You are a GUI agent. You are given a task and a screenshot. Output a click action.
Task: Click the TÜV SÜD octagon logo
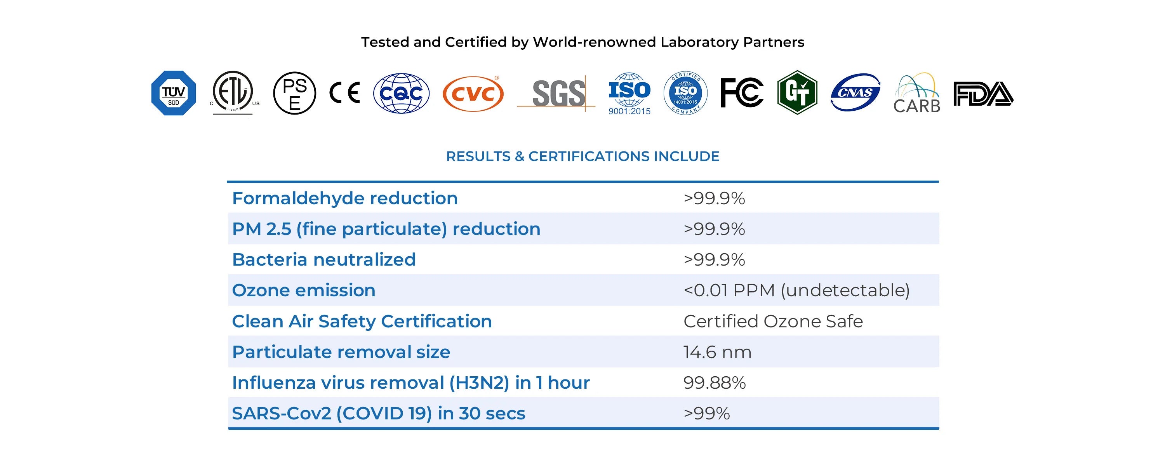point(173,93)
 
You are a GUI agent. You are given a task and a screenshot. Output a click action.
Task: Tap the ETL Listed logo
point(233,92)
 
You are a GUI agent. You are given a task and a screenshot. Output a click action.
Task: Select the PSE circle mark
point(294,93)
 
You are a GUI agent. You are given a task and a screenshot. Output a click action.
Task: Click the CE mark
point(344,93)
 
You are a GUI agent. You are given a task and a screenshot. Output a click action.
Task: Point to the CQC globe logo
point(401,93)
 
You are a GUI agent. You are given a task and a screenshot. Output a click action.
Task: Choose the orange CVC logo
point(473,94)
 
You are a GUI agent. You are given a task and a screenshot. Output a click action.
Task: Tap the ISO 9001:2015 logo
point(629,94)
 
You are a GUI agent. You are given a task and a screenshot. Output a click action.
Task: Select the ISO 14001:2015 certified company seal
point(685,93)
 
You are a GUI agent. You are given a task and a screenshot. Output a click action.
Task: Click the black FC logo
point(742,93)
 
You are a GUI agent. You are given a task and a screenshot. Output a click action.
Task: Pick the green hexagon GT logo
point(797,93)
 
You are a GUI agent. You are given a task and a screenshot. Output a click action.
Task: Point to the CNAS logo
point(855,93)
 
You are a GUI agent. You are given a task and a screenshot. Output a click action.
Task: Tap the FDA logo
point(983,94)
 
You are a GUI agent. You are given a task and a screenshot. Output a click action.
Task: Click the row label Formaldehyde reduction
point(344,198)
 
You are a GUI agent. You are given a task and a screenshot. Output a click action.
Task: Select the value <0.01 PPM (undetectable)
point(796,290)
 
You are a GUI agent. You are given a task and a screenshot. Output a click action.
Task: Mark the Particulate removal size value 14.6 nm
point(717,352)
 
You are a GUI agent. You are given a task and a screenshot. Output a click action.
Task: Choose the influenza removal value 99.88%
point(714,383)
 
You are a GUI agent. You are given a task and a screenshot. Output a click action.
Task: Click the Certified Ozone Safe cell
point(773,321)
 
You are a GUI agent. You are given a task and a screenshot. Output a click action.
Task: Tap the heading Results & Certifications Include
point(582,156)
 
